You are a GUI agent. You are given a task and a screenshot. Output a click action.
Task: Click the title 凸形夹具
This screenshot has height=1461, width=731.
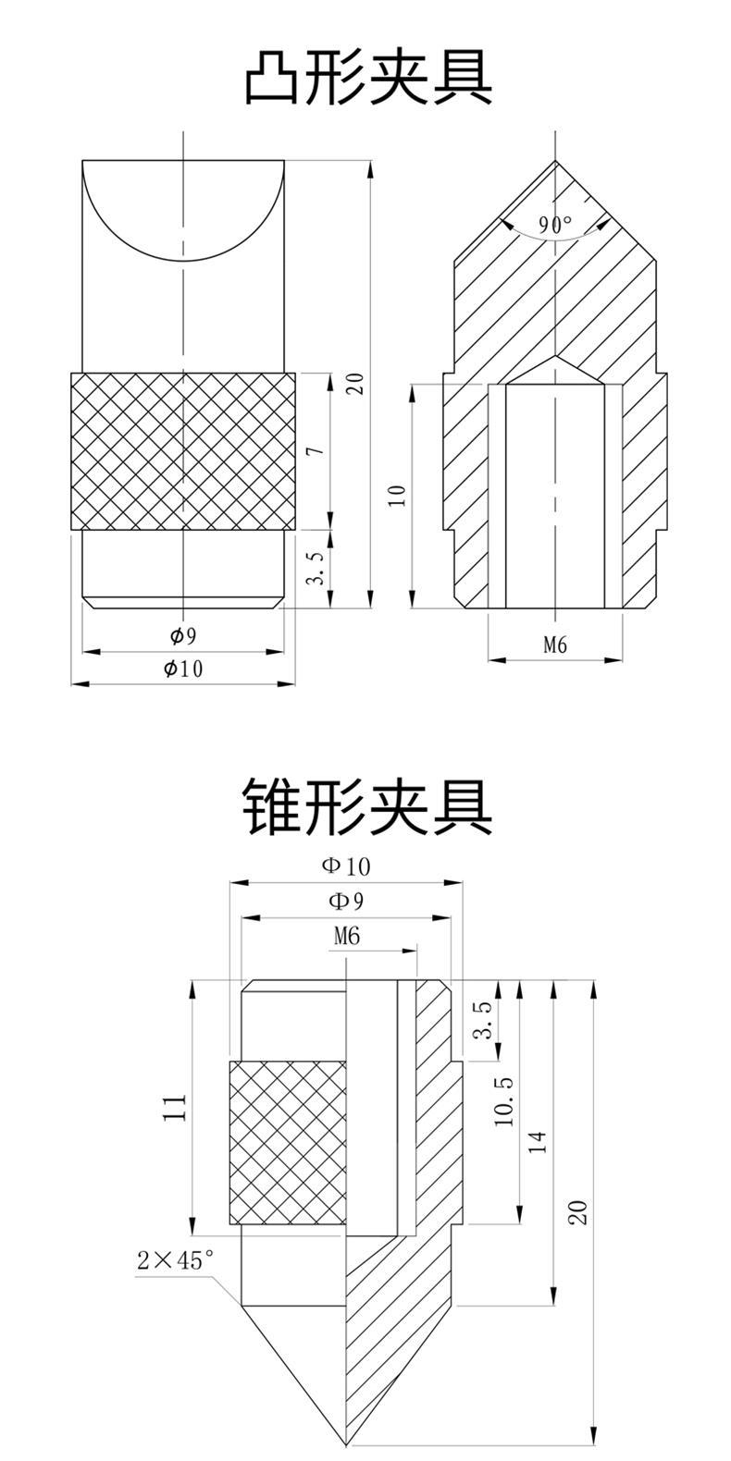367,80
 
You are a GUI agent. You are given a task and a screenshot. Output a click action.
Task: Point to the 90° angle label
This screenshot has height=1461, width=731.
555,224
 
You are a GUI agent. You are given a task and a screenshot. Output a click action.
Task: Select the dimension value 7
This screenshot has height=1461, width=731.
315,451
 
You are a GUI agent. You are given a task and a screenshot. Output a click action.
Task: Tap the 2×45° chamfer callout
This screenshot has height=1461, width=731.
175,1259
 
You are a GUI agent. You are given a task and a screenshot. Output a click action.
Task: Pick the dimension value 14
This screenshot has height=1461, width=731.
538,1142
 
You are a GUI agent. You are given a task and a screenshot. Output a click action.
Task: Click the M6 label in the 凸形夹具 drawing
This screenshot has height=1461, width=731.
554,645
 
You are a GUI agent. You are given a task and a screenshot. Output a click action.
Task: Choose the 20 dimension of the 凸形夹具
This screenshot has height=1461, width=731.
354,382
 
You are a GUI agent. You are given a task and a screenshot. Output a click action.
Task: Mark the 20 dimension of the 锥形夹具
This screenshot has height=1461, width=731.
577,1212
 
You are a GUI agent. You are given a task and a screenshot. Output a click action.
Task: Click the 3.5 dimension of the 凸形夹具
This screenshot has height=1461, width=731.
316,570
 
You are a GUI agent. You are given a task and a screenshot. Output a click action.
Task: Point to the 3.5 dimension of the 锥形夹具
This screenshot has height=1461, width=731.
481,1020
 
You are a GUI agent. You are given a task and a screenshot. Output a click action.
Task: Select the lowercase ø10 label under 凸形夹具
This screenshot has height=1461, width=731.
183,669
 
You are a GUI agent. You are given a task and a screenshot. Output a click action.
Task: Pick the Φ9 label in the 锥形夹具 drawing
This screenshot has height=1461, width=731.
345,900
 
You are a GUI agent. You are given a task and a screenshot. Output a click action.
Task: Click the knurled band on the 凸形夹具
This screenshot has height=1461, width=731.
184,450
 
